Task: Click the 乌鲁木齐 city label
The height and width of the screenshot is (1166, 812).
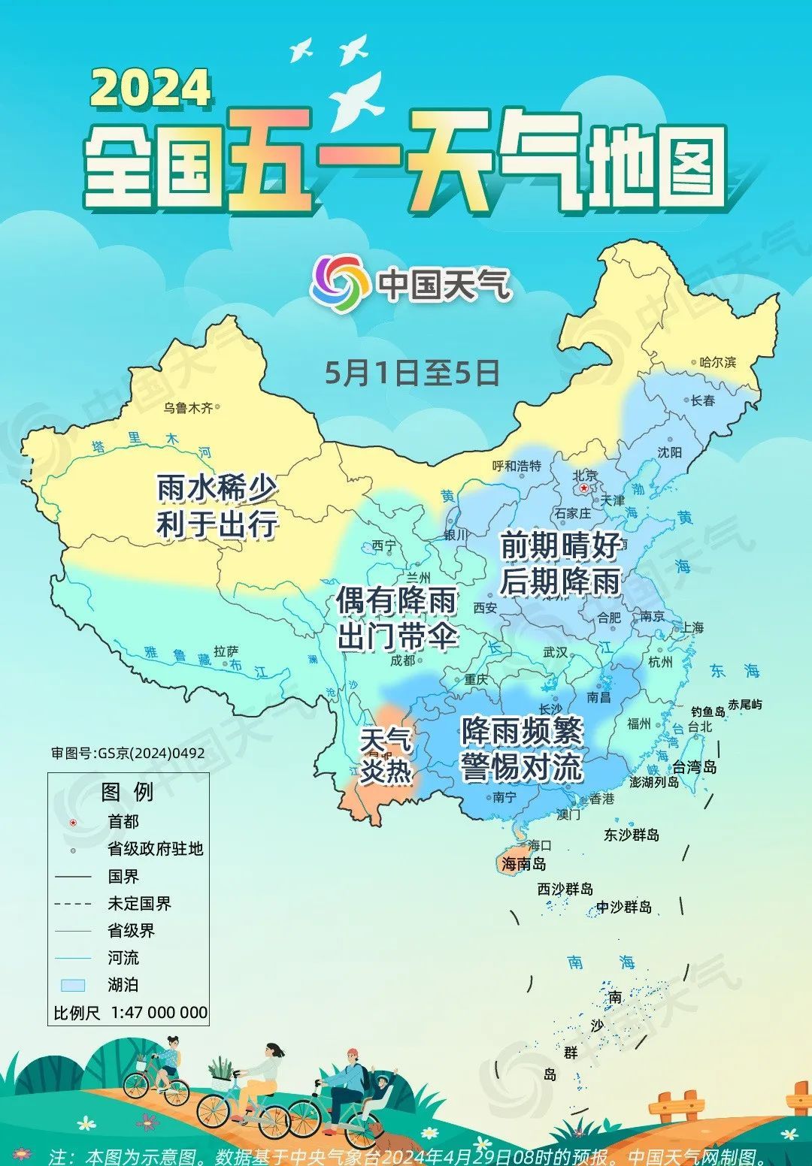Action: pos(188,408)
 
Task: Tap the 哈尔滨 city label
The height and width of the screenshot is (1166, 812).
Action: pos(717,362)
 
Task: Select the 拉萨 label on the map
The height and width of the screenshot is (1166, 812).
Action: pos(226,651)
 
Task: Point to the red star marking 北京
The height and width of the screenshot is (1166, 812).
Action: pos(584,488)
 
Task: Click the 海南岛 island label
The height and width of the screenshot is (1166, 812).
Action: pos(524,864)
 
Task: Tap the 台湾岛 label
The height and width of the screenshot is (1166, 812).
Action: pos(694,767)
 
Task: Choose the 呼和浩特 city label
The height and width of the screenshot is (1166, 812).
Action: pos(517,466)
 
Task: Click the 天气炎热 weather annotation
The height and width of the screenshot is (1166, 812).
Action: pos(385,755)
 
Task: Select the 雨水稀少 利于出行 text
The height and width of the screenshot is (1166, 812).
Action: pos(217,506)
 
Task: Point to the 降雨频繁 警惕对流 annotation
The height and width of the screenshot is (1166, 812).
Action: pos(522,748)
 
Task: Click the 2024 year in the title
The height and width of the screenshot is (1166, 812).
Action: pos(150,88)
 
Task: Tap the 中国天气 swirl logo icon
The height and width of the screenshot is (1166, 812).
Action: pos(340,284)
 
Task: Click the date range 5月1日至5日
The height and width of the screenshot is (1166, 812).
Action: pos(412,373)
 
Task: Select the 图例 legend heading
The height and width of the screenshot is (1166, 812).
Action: pos(127,792)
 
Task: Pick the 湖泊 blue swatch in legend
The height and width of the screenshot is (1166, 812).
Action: pos(73,985)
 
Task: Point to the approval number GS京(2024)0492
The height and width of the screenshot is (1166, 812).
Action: pos(128,753)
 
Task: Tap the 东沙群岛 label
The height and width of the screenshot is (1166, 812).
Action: pos(632,835)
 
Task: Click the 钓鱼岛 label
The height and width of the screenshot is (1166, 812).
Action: pos(707,711)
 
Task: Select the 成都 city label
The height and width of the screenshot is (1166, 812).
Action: pos(402,660)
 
